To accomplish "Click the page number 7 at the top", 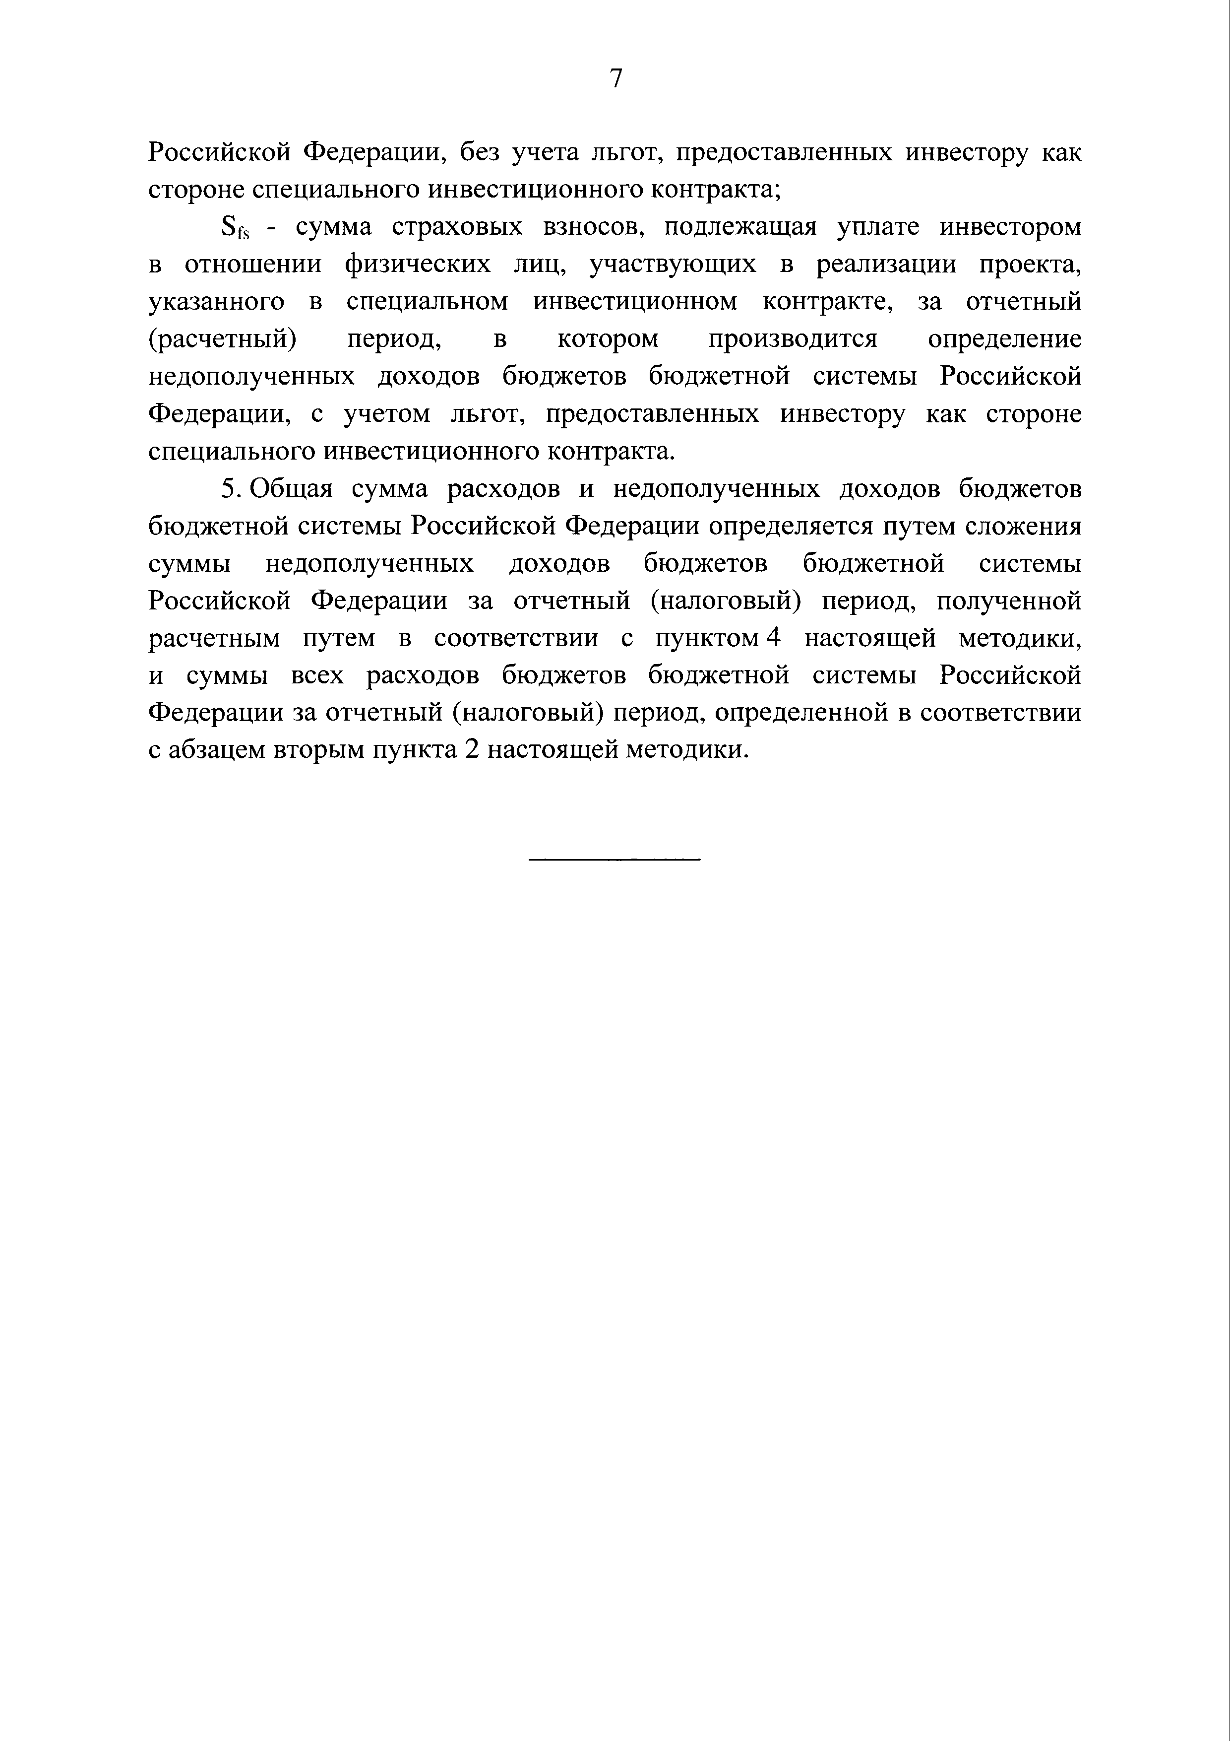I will (x=615, y=77).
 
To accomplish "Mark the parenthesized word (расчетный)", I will (x=222, y=339).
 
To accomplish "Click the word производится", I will (x=793, y=339).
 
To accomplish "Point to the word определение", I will (x=1005, y=339).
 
